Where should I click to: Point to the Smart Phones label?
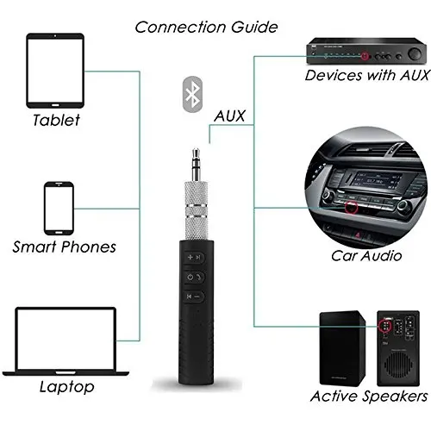coord(64,247)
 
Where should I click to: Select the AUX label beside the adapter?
coord(229,116)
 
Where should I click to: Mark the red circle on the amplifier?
coord(365,56)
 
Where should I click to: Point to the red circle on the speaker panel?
coord(388,328)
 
